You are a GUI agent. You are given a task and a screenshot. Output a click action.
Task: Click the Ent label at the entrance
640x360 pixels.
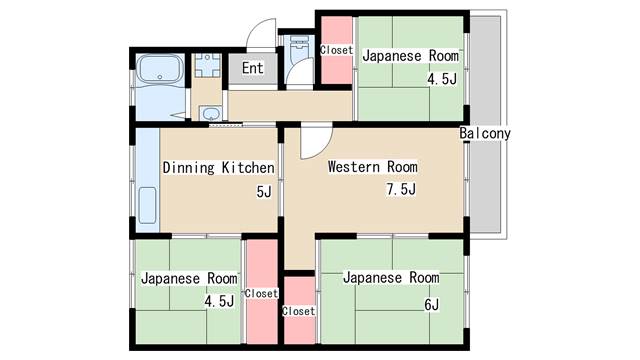coord(252,68)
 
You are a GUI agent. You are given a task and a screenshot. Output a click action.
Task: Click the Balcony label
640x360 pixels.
coord(485,133)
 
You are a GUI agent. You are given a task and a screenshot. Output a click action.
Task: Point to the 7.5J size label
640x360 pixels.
coord(401,189)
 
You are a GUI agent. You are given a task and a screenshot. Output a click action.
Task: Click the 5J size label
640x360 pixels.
coord(264,191)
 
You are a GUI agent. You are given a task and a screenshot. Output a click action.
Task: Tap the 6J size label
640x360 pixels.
coord(431,304)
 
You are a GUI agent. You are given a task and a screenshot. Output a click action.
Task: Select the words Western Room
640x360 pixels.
coord(373,167)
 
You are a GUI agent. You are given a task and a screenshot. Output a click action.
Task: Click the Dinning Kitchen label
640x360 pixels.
coord(218,167)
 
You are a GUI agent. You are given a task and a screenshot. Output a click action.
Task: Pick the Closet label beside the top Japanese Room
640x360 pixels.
coord(336,50)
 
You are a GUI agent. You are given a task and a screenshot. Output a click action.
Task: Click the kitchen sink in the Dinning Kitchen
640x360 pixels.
coord(147,205)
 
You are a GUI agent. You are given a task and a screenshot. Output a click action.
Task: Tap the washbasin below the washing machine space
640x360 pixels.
coord(211,113)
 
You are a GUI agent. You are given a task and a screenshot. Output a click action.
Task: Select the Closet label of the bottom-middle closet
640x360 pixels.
coord(299,311)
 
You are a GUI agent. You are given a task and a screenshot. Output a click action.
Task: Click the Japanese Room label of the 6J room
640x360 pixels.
coord(391,278)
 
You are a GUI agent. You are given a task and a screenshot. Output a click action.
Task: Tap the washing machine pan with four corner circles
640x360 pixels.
coord(207,65)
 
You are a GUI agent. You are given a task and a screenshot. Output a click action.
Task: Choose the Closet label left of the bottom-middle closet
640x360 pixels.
coord(261,293)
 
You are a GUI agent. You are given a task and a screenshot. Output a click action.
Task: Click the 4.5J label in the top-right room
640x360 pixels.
coord(442,78)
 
